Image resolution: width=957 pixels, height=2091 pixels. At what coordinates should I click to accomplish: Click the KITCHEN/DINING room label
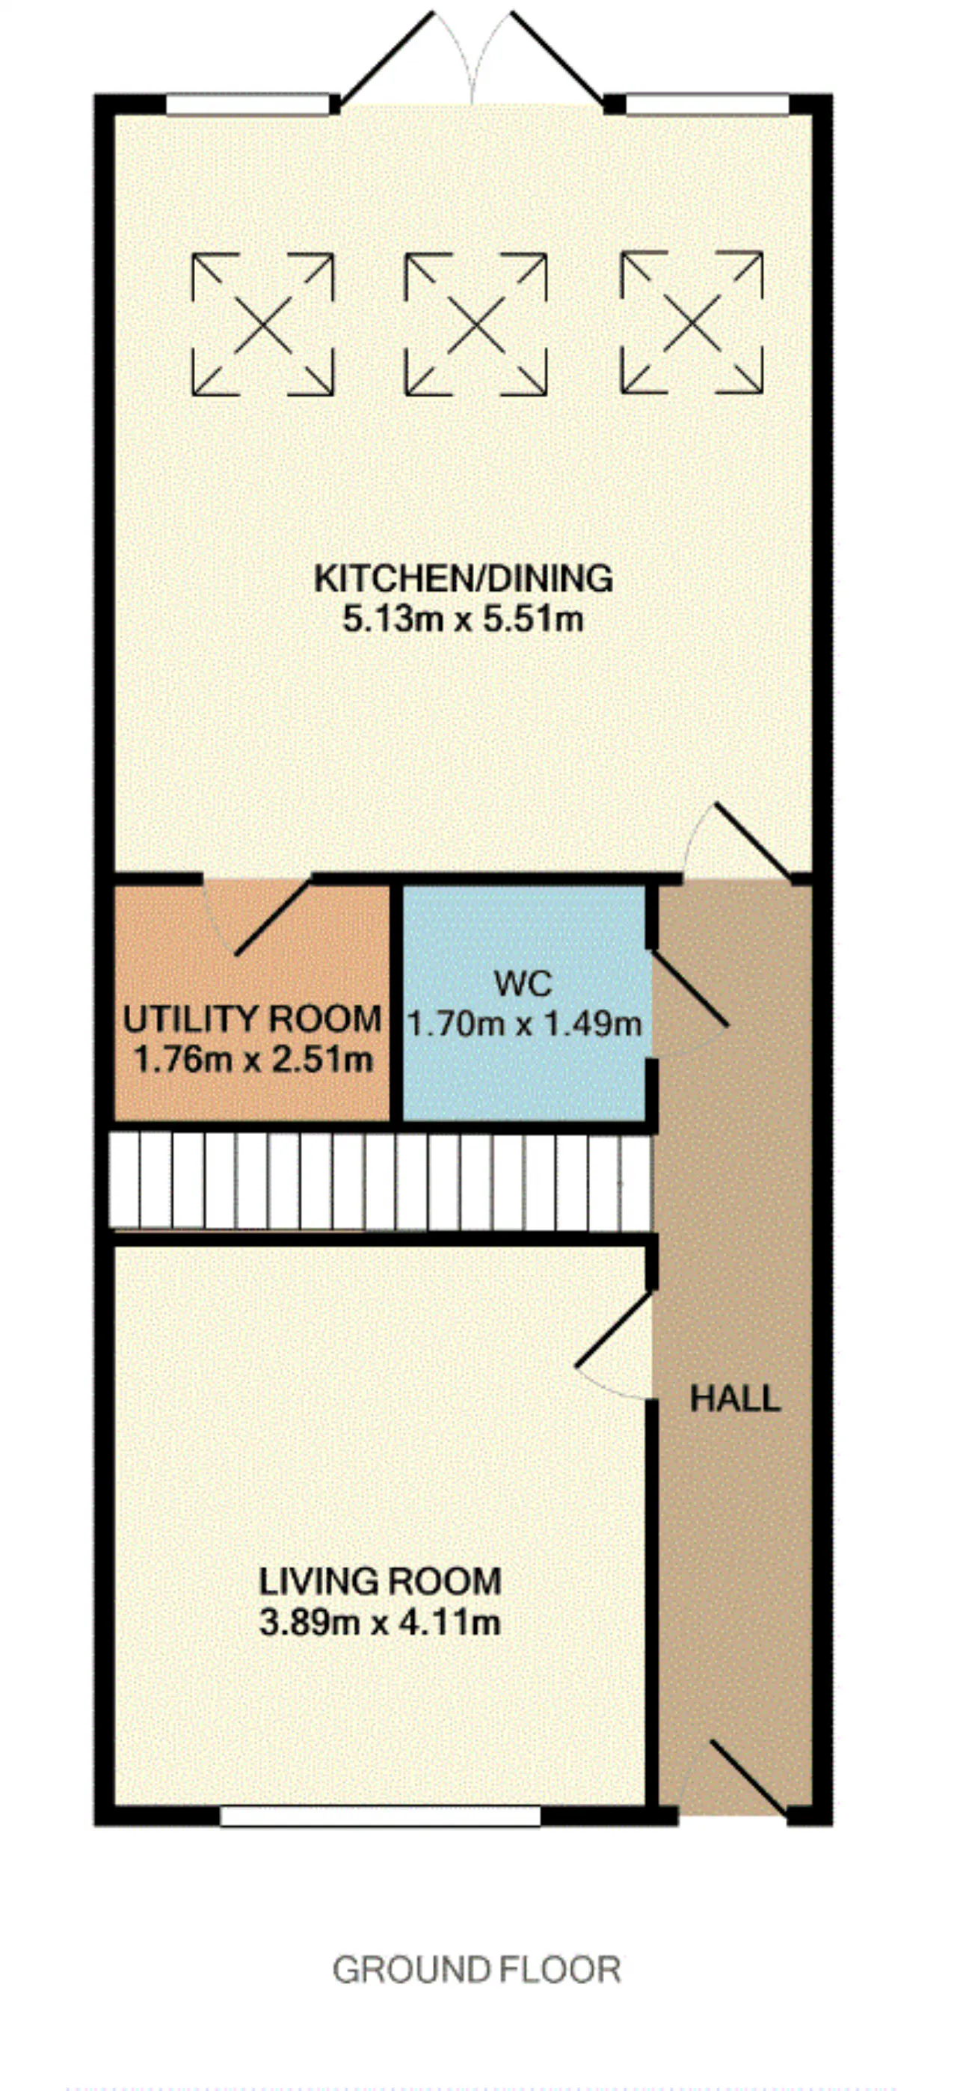coord(463,579)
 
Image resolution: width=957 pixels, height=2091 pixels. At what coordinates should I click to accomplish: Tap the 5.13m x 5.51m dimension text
coord(463,620)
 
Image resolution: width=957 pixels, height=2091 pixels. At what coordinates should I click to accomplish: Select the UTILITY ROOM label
coord(253,1019)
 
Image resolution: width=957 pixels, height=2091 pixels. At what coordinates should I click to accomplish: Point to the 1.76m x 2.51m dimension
coord(253,1059)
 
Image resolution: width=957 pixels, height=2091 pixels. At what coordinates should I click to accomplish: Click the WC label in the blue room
coord(523,984)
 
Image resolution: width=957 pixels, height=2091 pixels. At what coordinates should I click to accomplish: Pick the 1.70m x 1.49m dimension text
coord(524,1025)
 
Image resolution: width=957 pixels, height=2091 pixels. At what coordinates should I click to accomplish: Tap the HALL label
coord(736,1398)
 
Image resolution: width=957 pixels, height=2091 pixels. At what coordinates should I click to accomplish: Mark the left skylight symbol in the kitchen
coord(262,324)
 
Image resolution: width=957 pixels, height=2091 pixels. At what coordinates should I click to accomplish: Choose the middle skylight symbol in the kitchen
coord(476,324)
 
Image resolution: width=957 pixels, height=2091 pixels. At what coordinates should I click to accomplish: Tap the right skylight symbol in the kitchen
coord(692,322)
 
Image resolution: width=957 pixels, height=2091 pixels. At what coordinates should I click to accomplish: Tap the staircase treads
coord(381,1181)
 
